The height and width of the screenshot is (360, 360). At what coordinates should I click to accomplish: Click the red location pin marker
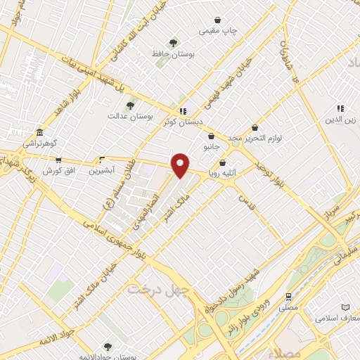coord(181,165)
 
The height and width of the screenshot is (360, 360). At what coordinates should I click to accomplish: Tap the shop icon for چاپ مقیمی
coord(220,20)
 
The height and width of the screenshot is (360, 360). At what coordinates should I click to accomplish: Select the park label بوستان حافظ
coord(173,53)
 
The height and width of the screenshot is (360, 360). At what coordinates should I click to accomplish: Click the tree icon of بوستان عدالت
coord(129,105)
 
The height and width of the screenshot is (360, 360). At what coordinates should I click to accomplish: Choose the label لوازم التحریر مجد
coord(254,138)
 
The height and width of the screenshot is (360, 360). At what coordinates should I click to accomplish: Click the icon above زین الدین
coord(340,108)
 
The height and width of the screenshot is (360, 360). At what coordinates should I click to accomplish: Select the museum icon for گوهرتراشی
coord(39,132)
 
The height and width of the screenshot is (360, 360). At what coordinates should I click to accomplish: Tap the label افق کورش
coord(58,172)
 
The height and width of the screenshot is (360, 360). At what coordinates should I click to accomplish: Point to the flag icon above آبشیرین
coord(102,159)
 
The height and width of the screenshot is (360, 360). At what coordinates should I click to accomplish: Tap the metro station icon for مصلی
coord(288,297)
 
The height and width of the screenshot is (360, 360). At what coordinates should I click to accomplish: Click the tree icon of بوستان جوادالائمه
coord(108,345)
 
